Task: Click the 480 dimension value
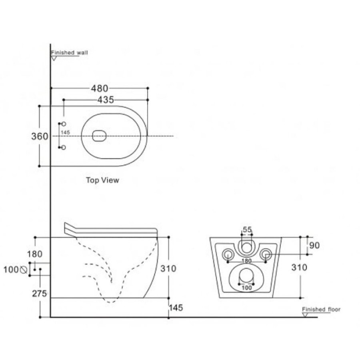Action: coord(100,88)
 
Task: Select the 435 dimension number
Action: coord(106,100)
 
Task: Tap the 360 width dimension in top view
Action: coord(40,137)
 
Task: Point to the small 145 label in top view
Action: coord(66,133)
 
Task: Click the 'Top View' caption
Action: coord(102,180)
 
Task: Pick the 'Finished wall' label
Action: coord(69,53)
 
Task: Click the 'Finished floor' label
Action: coord(321,310)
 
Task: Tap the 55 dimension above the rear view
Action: coord(247,230)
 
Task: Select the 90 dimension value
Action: coord(314,246)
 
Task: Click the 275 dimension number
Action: coord(40,294)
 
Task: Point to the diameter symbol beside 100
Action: coord(23,270)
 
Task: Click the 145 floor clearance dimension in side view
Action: coord(176,308)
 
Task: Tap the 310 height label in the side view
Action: coord(168,269)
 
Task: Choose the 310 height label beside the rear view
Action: coord(299,268)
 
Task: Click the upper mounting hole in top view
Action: coord(64,124)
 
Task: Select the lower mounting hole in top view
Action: coord(64,147)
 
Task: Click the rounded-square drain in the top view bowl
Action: coord(100,136)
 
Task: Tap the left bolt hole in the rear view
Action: coord(228,254)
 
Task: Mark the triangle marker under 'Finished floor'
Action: coord(305,315)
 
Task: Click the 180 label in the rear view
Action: coord(247,261)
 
